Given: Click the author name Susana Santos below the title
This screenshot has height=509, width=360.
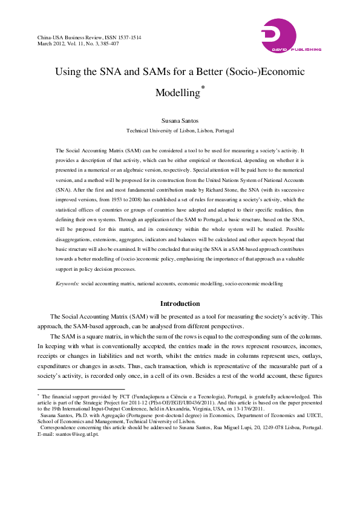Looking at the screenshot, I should coord(180,121).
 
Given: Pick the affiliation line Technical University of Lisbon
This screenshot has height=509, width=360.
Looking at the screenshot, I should coord(180,131).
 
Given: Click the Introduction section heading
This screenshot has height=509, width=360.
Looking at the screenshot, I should coord(180,303).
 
